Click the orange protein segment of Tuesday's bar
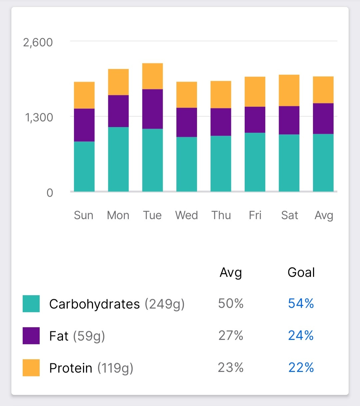click(x=152, y=76)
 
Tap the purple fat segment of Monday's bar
click(x=118, y=111)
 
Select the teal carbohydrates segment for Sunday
click(x=84, y=166)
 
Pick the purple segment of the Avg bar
click(x=323, y=118)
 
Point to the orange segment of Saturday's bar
click(x=289, y=90)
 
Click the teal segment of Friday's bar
click(x=255, y=162)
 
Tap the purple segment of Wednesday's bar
click(x=187, y=122)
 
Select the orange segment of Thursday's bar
click(x=221, y=94)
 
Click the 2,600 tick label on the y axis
click(x=38, y=42)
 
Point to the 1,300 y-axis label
click(x=39, y=117)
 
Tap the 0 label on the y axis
click(x=50, y=193)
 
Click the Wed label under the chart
click(x=187, y=215)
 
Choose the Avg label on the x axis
click(x=324, y=216)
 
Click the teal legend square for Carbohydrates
click(x=31, y=304)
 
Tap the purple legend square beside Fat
click(x=31, y=336)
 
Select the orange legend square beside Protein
click(x=31, y=368)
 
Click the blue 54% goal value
click(x=301, y=303)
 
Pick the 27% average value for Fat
click(x=231, y=335)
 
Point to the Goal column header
click(x=301, y=272)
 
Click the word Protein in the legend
click(x=71, y=368)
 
